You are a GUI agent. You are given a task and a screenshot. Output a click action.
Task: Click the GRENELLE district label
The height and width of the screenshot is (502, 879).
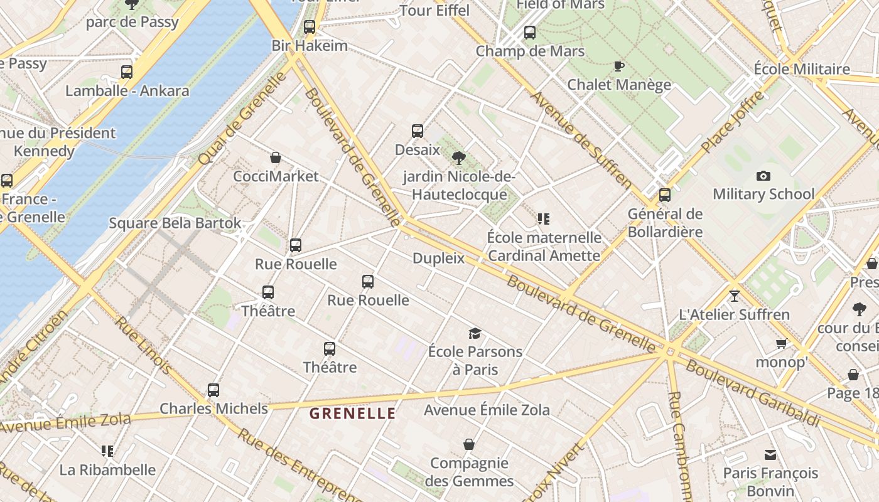(x=352, y=414)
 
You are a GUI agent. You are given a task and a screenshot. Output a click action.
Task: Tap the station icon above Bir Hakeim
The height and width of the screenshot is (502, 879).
(x=309, y=27)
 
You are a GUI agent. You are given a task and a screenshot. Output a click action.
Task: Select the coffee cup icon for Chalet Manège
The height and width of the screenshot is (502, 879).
(x=619, y=66)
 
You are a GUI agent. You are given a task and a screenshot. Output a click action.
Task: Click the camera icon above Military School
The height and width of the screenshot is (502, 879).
(x=763, y=176)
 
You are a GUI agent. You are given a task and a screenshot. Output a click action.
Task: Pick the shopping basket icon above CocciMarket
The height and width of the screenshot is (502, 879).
(x=275, y=158)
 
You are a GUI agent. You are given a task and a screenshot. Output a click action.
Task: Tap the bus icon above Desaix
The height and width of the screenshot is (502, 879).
(x=418, y=131)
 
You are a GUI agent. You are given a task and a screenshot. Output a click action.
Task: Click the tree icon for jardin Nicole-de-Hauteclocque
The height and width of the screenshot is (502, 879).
(x=459, y=158)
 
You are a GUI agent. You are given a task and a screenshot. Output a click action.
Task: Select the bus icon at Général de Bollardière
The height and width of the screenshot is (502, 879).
(x=665, y=195)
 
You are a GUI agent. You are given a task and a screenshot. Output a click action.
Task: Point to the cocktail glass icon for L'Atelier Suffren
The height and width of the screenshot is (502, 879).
(x=735, y=296)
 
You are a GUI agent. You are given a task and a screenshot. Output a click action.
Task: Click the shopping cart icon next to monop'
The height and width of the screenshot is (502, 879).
(x=781, y=343)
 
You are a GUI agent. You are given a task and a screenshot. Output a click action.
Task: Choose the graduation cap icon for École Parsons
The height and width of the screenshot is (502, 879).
(x=475, y=333)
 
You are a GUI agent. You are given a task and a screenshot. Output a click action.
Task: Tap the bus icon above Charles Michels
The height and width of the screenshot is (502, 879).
(x=213, y=390)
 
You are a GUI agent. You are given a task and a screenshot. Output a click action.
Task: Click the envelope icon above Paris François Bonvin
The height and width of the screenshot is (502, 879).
(x=770, y=455)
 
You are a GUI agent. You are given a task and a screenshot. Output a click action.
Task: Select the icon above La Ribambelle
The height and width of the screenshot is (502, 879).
(x=107, y=451)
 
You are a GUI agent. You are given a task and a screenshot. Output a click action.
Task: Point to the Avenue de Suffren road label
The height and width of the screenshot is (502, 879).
(x=581, y=141)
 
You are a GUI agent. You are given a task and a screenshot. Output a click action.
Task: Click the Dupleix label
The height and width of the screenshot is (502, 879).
(x=438, y=258)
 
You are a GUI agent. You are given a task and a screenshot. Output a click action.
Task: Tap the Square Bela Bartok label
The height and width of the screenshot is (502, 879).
(x=175, y=223)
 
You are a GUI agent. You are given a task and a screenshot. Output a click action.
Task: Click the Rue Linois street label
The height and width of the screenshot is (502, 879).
(x=143, y=345)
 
